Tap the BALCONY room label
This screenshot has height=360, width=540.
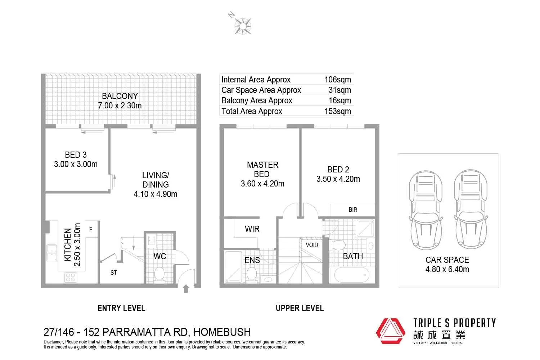[120, 96]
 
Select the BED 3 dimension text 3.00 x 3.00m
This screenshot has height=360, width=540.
[76, 164]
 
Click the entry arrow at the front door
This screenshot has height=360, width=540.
[186, 288]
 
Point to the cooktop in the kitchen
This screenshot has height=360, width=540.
[70, 277]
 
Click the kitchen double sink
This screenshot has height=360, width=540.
[51, 252]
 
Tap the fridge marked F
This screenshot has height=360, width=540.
[91, 229]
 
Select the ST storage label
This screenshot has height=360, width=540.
[113, 273]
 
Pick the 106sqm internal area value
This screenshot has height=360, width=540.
[337, 80]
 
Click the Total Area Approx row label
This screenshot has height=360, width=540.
[252, 111]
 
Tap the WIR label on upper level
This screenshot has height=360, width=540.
[252, 229]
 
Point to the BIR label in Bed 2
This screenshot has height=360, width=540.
[353, 210]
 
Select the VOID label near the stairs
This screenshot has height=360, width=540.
[312, 245]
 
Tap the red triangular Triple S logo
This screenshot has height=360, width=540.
[391, 331]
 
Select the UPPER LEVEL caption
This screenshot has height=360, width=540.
[300, 308]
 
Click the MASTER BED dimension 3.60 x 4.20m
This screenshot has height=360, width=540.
[262, 184]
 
